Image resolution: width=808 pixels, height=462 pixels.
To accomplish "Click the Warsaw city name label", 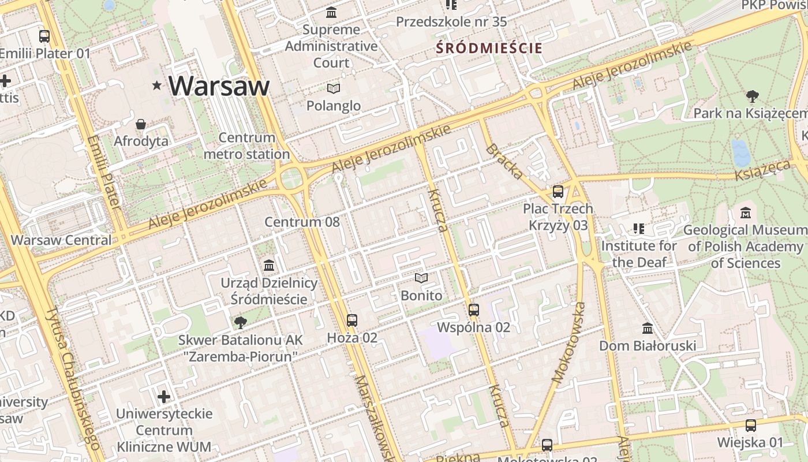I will coord(219,85).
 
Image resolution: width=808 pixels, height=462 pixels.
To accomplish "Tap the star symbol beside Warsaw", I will coord(156,85).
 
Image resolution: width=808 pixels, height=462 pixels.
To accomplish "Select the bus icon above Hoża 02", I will coord(352,320).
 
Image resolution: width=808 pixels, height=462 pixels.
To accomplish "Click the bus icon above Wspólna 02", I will coord(474,310).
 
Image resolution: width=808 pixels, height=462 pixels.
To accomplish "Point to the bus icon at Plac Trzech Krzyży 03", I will coord(558,192).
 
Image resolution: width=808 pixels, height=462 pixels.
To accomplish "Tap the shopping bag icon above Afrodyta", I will coord(141,124).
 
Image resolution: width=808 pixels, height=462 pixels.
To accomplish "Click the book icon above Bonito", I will coord(421,278).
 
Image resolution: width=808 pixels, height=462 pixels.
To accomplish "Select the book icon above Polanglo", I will coord(334,88).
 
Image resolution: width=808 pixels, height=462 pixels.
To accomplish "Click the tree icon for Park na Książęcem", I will coord(752,96).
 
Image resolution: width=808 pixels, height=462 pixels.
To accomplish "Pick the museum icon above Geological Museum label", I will coord(745,213).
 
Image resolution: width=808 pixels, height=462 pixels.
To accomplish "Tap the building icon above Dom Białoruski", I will coord(648,328).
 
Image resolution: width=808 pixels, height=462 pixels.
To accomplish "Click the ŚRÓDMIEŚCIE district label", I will coord(489,48).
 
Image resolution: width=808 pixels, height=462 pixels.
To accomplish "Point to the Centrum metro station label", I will coord(246,146).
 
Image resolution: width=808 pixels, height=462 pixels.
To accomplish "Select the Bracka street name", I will coord(505,161).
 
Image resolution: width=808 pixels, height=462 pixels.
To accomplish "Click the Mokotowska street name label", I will coord(568,343).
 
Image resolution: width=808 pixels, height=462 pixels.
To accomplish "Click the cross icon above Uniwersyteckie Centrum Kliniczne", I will coord(164,397).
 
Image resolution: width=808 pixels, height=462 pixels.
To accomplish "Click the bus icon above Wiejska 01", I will coord(750,426).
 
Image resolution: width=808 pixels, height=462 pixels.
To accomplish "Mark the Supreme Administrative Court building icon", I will coord(331,12).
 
